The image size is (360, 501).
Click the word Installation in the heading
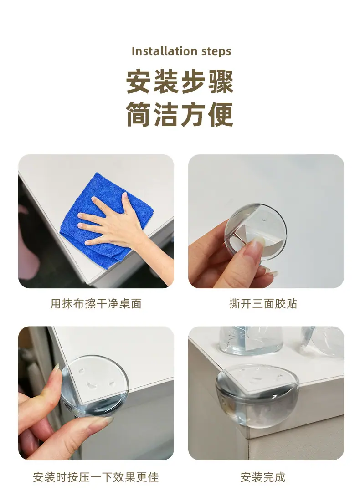pyautogui.click(x=160, y=51)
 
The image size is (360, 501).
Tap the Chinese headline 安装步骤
pyautogui.click(x=180, y=82)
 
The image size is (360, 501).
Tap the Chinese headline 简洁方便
pyautogui.click(x=180, y=114)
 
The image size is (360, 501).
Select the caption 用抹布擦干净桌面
pyautogui.click(x=96, y=303)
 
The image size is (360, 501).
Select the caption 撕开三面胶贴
pyautogui.click(x=263, y=303)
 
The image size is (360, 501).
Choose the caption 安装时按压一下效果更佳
pyautogui.click(x=96, y=477)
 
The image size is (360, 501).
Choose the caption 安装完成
pyautogui.click(x=263, y=477)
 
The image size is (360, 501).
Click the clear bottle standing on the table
pyautogui.click(x=251, y=340)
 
